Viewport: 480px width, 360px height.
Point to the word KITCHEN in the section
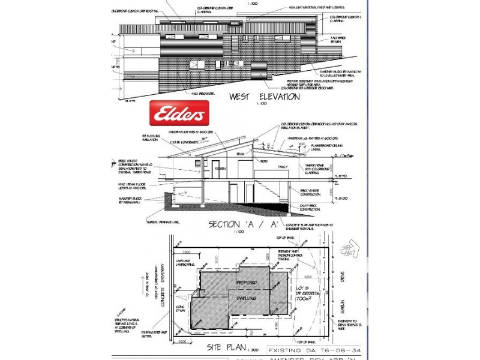(x=220, y=170)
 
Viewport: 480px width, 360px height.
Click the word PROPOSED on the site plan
(x=247, y=282)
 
